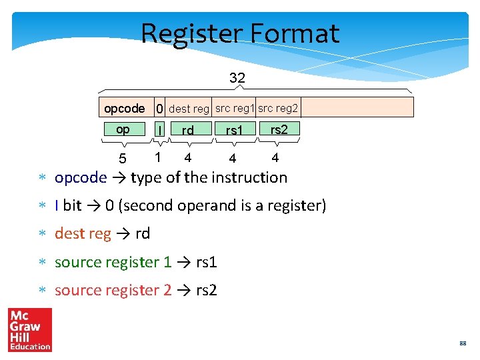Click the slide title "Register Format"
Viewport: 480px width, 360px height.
(240, 33)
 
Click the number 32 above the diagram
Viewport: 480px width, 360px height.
(237, 78)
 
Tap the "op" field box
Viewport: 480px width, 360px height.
(123, 129)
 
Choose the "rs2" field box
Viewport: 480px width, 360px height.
(279, 129)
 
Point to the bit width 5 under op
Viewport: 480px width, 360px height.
(122, 159)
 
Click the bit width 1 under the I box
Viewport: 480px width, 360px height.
(157, 157)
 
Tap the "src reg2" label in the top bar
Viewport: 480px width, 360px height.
(278, 107)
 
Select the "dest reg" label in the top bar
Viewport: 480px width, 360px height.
(189, 108)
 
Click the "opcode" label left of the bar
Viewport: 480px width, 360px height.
(124, 108)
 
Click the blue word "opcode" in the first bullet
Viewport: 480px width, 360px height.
(81, 178)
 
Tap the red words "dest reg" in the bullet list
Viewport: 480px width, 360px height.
(83, 234)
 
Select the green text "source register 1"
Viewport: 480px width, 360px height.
(113, 262)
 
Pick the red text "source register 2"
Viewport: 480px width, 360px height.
(113, 290)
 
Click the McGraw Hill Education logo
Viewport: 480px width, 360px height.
(29, 330)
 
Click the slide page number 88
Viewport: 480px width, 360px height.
(462, 344)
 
